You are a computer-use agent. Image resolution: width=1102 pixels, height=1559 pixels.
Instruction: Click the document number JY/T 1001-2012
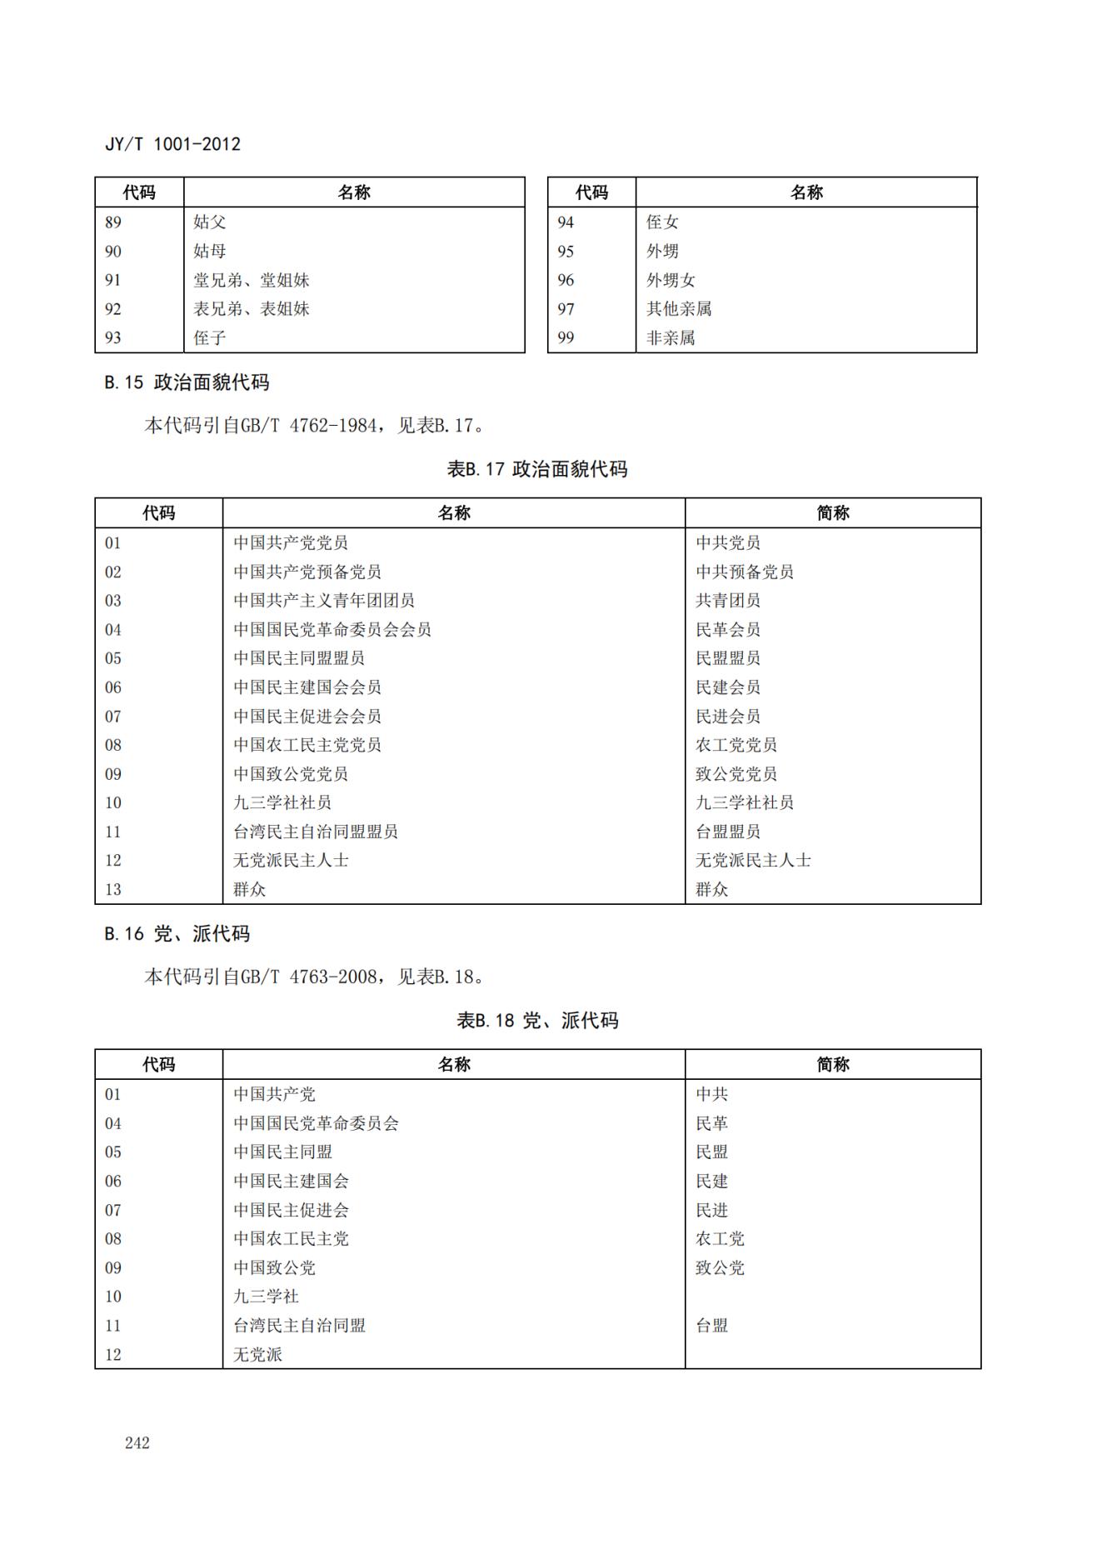point(172,144)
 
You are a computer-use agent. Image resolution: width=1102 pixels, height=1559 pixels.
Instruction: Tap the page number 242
point(137,1442)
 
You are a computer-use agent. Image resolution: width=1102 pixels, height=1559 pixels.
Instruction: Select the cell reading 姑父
point(210,222)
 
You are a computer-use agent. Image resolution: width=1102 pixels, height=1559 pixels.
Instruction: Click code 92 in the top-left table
point(113,309)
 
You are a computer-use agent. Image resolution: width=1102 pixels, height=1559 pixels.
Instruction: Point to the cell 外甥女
point(671,280)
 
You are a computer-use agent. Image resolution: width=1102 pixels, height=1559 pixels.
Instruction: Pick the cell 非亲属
point(671,337)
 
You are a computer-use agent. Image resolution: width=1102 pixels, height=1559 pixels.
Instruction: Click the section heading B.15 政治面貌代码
point(187,382)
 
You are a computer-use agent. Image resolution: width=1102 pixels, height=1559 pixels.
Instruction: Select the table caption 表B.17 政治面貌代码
point(537,469)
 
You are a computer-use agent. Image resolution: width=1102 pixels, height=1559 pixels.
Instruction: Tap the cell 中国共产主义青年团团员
point(324,601)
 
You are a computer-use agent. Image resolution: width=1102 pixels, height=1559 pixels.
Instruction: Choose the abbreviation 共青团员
point(728,601)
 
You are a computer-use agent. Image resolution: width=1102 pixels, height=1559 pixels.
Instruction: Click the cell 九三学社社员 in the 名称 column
point(282,802)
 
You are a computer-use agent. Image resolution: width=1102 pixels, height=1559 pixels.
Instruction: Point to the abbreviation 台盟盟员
point(728,832)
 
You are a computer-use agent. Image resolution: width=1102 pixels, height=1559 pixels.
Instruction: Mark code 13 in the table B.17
point(113,889)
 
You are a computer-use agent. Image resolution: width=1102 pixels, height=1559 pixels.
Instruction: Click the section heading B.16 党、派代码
point(177,934)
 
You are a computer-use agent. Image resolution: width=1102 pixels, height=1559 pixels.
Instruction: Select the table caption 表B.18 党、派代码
point(537,1021)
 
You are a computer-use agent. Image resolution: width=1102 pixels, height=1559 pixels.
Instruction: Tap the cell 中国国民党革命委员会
point(316,1123)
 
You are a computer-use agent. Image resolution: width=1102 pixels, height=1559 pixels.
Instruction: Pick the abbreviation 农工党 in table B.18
point(720,1239)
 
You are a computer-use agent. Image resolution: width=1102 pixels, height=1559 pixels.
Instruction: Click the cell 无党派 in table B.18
point(257,1354)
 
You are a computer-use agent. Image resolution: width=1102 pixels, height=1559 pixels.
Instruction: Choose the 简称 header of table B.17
point(833,513)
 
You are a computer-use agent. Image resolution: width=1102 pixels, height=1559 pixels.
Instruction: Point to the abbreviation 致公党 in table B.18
point(720,1267)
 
